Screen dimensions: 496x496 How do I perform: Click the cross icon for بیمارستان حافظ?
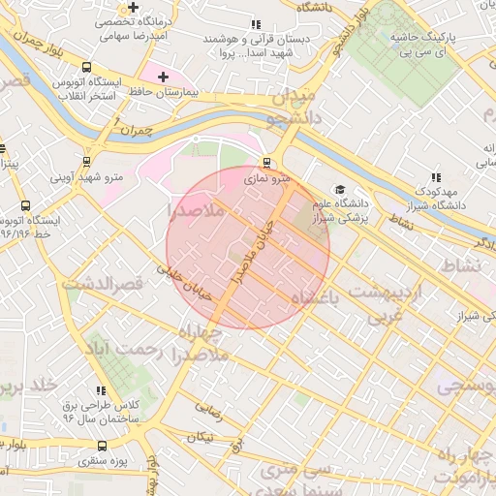[162, 76]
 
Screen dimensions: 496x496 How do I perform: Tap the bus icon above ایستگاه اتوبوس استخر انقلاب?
[87, 68]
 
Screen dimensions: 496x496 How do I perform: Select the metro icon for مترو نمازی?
[268, 163]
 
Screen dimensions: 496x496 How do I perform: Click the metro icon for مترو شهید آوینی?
[87, 161]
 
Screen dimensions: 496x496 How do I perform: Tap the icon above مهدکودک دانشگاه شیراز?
[436, 177]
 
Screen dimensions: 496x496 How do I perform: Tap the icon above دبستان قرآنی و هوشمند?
[255, 24]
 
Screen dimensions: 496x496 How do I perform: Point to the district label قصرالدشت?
[102, 284]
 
